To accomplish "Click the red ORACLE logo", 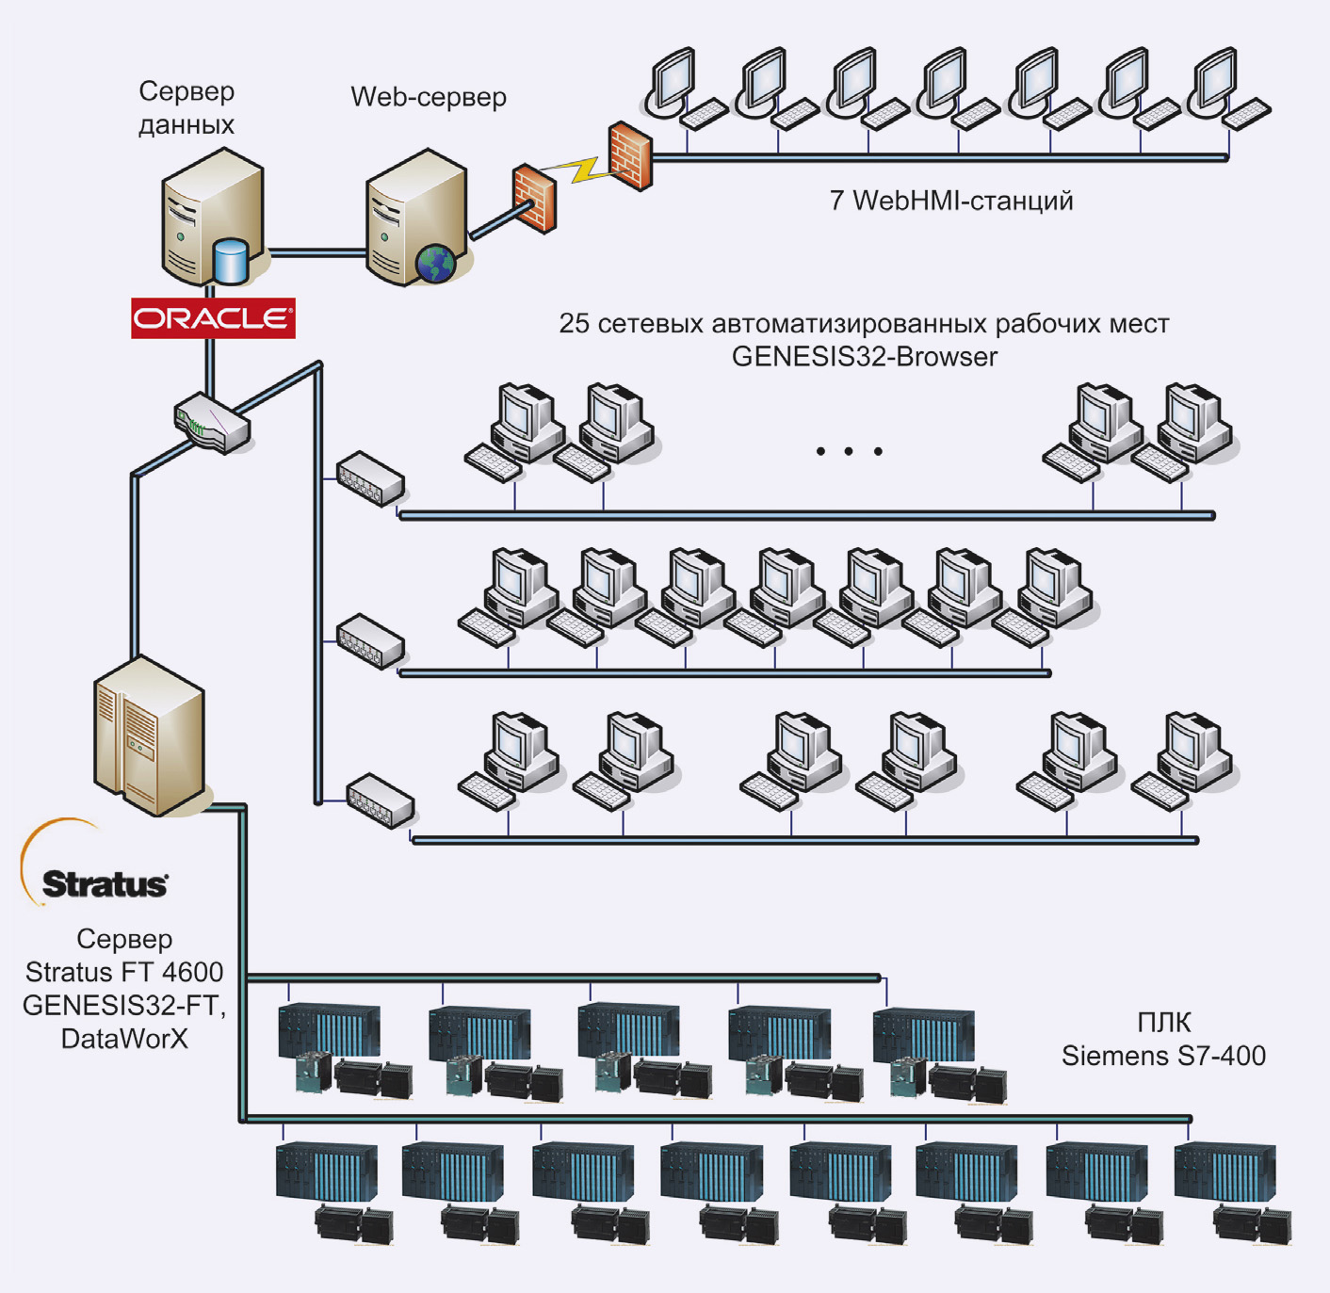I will point(213,318).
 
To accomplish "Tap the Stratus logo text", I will point(105,884).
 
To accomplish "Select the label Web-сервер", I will point(429,97).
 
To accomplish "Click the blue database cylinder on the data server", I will point(230,261).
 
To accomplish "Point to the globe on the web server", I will point(436,263).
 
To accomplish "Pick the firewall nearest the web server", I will point(533,198).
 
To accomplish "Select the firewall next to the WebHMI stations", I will point(629,155).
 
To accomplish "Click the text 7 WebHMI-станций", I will point(950,201).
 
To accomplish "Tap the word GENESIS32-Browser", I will point(864,357).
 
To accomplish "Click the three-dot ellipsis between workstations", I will point(849,451).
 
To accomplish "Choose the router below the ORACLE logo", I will point(212,423).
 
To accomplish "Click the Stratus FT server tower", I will point(149,735).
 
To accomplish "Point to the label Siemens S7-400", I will point(1163,1056).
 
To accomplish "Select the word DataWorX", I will point(124,1038).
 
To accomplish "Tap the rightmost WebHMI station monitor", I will point(1216,79).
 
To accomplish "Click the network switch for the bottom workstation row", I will point(381,800).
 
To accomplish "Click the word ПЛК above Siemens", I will point(1163,1022).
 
